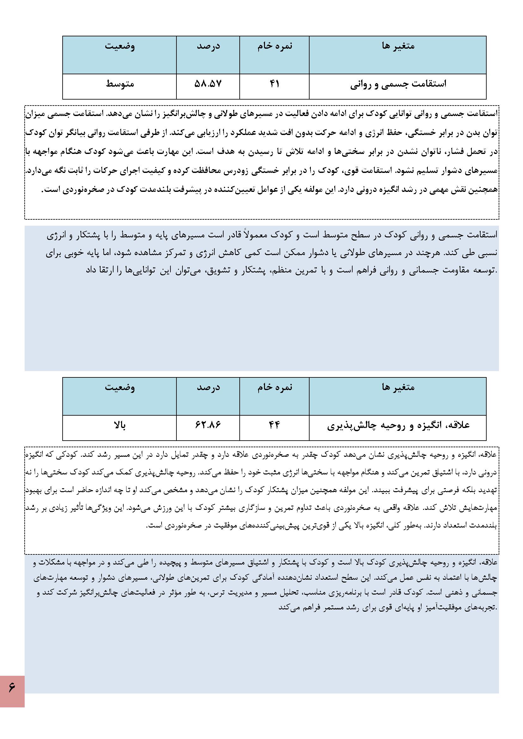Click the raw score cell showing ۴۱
tap(274, 84)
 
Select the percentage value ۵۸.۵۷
tap(208, 84)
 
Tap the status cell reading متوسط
tap(120, 84)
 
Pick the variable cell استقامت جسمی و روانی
tap(398, 84)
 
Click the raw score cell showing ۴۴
tap(274, 425)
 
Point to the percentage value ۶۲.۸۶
tap(208, 425)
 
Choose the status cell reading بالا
tap(120, 425)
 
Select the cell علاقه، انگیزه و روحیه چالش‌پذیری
tap(398, 425)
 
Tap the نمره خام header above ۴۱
tap(275, 46)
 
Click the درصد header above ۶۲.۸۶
tap(208, 388)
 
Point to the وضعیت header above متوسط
tap(120, 46)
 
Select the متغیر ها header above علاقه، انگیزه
tap(398, 388)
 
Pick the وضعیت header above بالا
tap(120, 388)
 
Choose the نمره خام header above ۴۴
tap(275, 388)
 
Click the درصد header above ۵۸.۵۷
tap(208, 46)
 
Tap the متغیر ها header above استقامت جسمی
tap(398, 46)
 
